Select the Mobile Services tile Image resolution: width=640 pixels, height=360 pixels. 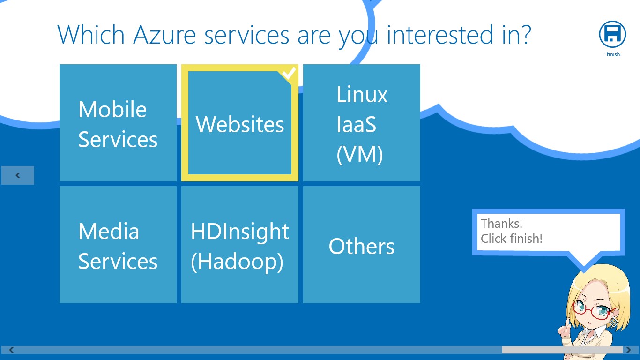pyautogui.click(x=118, y=123)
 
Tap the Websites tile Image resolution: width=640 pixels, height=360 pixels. pyautogui.click(x=240, y=123)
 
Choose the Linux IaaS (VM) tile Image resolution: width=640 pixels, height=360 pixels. pyautogui.click(x=361, y=123)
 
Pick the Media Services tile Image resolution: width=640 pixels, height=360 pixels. pyautogui.click(x=118, y=245)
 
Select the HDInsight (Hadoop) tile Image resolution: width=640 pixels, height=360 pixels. pyautogui.click(x=240, y=245)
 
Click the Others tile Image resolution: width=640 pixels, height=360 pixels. pyautogui.click(x=361, y=245)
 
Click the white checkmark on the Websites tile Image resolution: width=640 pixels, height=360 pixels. pyautogui.click(x=289, y=74)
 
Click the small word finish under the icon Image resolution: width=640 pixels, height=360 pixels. pyautogui.click(x=613, y=54)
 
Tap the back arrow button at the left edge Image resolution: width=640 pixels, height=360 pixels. pyautogui.click(x=18, y=175)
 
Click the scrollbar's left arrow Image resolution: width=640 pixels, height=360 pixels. pyautogui.click(x=11, y=350)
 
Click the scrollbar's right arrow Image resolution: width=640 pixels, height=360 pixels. pyautogui.click(x=629, y=350)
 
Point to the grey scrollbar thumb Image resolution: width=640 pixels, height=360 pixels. pyautogui.click(x=562, y=350)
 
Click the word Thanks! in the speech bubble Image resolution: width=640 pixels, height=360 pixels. pyautogui.click(x=502, y=223)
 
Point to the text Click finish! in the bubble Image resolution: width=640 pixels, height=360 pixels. pyautogui.click(x=512, y=239)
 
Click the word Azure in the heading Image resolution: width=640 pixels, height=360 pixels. pyautogui.click(x=164, y=35)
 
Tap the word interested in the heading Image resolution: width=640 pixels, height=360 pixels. pyautogui.click(x=440, y=35)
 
